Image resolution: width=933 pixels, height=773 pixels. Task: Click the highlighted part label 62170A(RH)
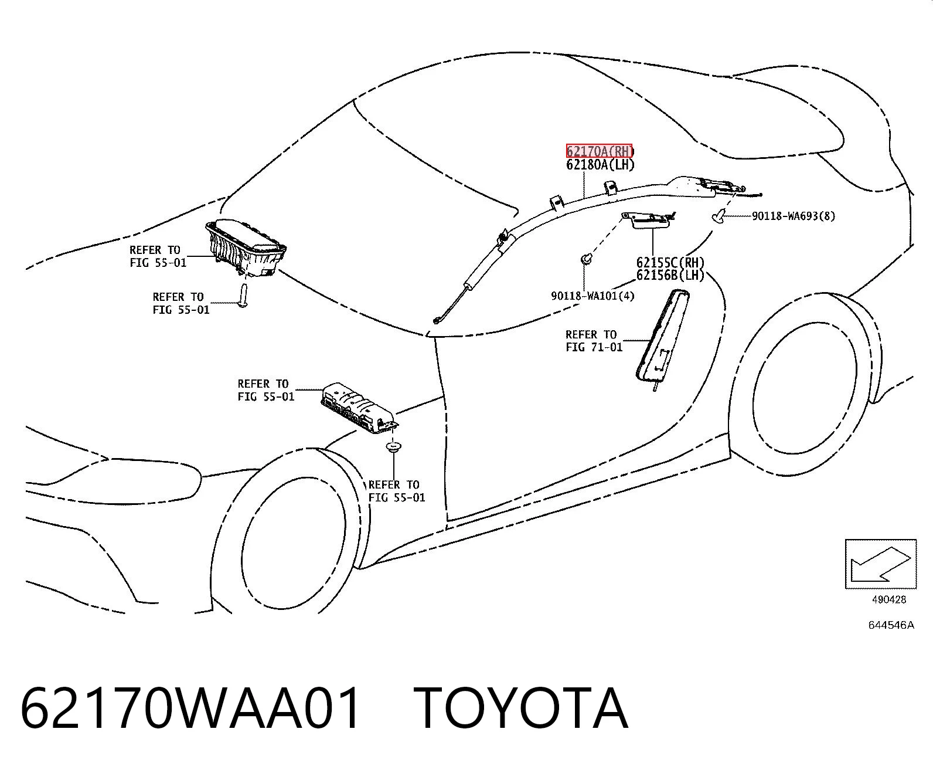pos(600,151)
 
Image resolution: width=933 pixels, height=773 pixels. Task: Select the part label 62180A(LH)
pos(600,165)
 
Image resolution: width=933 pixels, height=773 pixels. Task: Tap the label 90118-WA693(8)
pos(793,216)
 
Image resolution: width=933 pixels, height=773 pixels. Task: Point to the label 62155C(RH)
pos(670,262)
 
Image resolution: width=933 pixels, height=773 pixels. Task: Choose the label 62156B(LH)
pos(670,275)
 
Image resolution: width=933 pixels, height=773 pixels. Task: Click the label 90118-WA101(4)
pos(593,296)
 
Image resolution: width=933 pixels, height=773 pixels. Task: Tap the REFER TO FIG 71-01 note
pos(594,341)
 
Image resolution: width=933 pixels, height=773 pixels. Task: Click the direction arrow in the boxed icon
pos(880,565)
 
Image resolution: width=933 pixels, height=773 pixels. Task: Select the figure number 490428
pos(889,599)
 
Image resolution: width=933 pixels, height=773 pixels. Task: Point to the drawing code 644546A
pos(891,625)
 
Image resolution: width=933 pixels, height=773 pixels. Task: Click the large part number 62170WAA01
pos(190,710)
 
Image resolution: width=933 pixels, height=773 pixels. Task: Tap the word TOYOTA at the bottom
pos(520,710)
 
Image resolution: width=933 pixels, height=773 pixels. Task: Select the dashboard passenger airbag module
pos(245,250)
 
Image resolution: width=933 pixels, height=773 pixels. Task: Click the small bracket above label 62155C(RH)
pos(648,220)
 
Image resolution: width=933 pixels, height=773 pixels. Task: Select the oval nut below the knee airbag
pos(393,447)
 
